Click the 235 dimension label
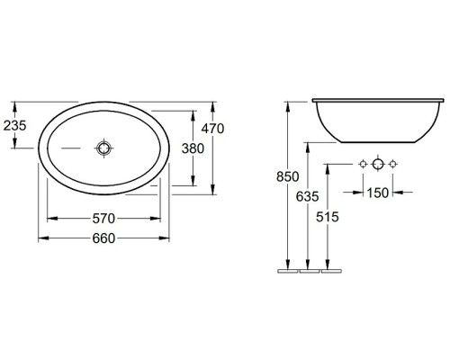tap(15, 125)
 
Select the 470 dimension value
tap(212, 129)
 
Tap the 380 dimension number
tap(193, 148)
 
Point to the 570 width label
tap(103, 219)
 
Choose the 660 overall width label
tap(103, 238)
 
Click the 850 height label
tap(288, 176)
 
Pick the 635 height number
tap(307, 196)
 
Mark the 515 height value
tap(328, 217)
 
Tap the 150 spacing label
tap(378, 193)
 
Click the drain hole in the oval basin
tap(103, 148)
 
